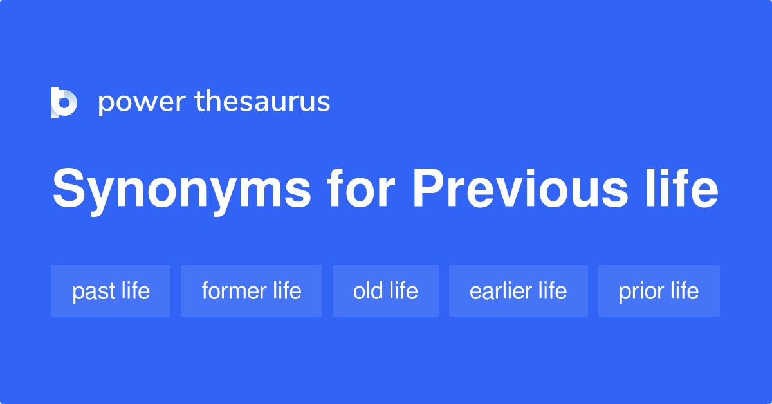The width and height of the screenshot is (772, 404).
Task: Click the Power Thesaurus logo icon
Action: point(64,102)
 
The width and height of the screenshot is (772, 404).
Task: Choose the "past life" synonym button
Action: point(111,291)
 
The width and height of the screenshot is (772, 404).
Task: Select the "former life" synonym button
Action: point(251,291)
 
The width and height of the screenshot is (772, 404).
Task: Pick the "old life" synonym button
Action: point(385,291)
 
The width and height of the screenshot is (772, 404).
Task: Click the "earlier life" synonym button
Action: point(518,291)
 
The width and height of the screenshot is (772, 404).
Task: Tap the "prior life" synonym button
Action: point(659,291)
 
